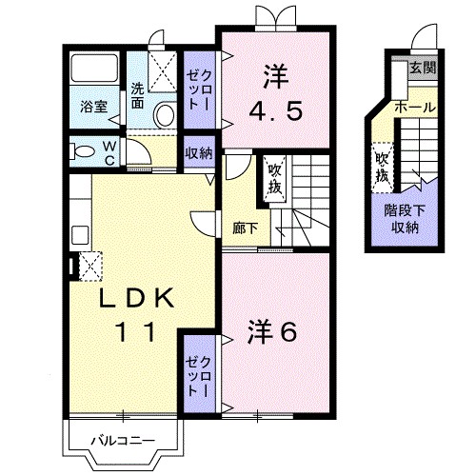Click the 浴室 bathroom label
tap(94, 107)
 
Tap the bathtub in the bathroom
tap(94, 68)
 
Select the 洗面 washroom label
tap(137, 96)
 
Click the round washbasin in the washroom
tap(165, 114)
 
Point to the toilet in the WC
tap(83, 151)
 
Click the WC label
tap(109, 154)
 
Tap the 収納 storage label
tap(199, 153)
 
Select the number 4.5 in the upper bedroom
tap(275, 111)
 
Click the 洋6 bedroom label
tap(272, 332)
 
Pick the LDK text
tap(137, 297)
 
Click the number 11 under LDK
tap(136, 331)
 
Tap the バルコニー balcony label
tap(123, 441)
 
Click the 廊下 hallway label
tap(245, 228)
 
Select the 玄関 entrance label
tap(423, 68)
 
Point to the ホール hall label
tap(415, 108)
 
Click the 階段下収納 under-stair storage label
tap(405, 219)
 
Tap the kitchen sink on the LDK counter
tap(80, 235)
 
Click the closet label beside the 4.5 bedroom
tap(199, 89)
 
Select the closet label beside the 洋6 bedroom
tap(199, 376)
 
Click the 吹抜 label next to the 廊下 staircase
tap(275, 179)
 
